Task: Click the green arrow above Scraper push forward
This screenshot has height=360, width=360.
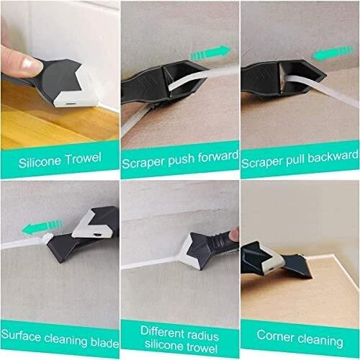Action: (211, 53)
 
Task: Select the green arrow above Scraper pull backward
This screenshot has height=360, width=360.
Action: (332, 53)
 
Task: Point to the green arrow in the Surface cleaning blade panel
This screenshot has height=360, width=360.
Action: (42, 227)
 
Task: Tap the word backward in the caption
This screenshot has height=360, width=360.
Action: (333, 157)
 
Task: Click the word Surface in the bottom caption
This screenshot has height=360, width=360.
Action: (21, 335)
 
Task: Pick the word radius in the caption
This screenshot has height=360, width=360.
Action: (201, 335)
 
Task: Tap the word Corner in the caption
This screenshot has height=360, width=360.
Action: (276, 335)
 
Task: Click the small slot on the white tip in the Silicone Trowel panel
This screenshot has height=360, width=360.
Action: (71, 104)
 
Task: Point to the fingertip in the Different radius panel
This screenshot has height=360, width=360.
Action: (233, 234)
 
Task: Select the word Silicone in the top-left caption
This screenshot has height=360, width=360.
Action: (40, 162)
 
